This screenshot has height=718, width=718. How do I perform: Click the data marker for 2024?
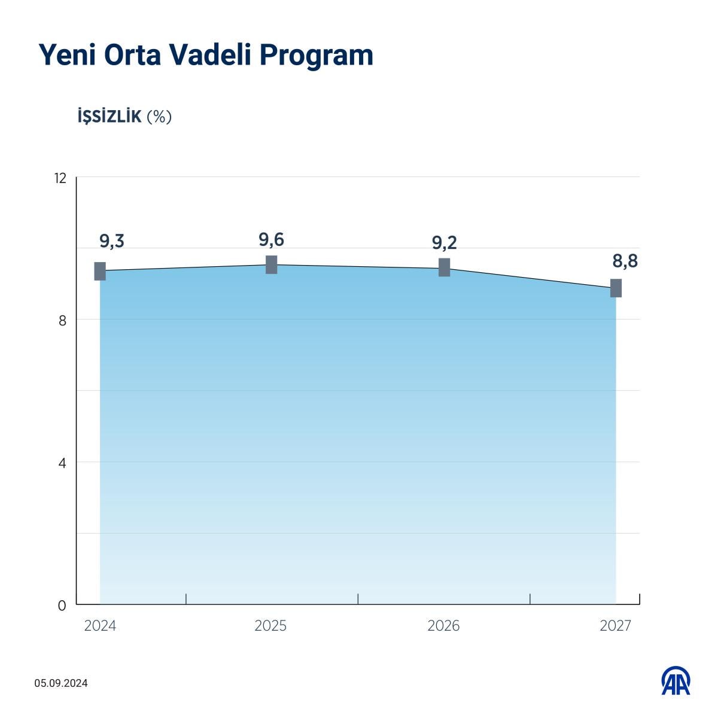[100, 271]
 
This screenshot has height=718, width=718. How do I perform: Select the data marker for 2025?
[271, 264]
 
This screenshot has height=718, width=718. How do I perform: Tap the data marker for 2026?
[444, 267]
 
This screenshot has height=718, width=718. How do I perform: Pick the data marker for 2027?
[616, 288]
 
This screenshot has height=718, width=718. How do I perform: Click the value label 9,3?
[112, 241]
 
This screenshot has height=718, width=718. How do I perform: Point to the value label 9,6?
[271, 240]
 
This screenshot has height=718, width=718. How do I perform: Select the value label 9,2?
[444, 242]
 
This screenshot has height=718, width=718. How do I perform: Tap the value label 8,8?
[625, 261]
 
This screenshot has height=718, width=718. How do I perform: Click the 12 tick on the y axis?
[60, 178]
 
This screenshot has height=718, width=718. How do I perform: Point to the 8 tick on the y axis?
[62, 320]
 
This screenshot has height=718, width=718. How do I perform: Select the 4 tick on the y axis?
[62, 463]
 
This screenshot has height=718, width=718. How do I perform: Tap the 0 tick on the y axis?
[62, 605]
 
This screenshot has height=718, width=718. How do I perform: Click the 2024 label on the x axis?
[100, 626]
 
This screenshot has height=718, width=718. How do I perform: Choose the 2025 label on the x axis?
[270, 626]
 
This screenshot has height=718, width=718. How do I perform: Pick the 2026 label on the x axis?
[443, 626]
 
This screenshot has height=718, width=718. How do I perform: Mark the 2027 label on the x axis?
[615, 626]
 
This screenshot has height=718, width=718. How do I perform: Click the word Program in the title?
[316, 56]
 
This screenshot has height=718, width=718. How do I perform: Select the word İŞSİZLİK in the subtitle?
[109, 116]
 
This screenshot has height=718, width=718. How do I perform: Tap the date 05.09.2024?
[61, 683]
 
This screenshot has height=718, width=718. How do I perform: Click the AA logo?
[676, 682]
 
